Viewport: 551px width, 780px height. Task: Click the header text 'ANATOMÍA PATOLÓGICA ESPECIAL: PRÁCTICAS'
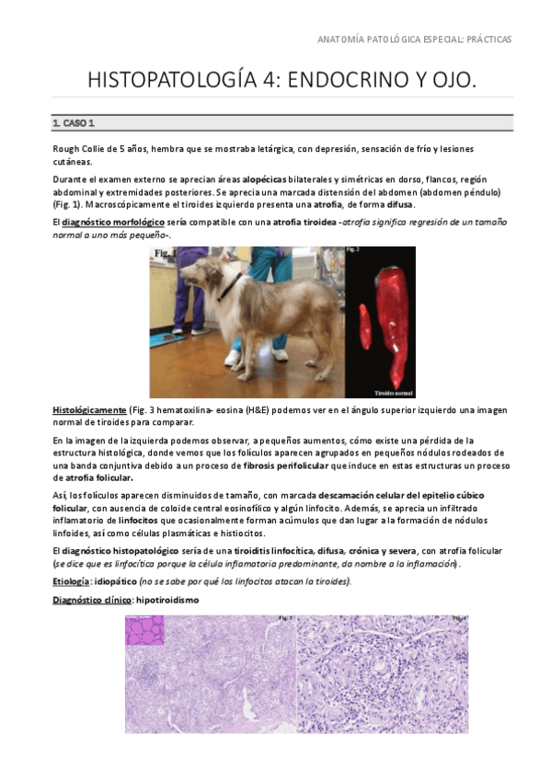(414, 40)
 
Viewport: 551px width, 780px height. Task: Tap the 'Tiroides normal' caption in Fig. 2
(394, 390)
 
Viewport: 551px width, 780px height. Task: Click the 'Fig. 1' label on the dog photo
(166, 252)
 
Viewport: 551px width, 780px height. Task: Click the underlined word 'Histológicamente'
(89, 408)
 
